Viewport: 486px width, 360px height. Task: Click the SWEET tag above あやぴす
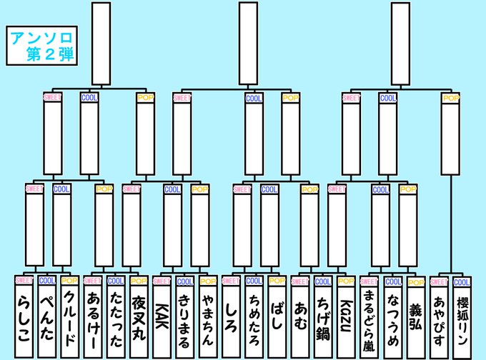pos(439,282)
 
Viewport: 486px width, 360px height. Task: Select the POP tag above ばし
pos(277,282)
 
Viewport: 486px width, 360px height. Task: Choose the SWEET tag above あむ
pos(300,282)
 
